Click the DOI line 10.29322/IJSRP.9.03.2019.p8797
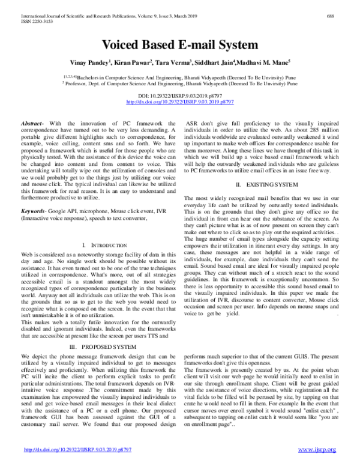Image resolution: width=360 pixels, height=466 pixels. click(180, 96)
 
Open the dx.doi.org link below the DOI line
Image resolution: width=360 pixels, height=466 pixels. click(180, 103)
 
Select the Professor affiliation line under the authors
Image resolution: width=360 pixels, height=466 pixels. click(180, 85)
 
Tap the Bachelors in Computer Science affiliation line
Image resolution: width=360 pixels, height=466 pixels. click(180, 77)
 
